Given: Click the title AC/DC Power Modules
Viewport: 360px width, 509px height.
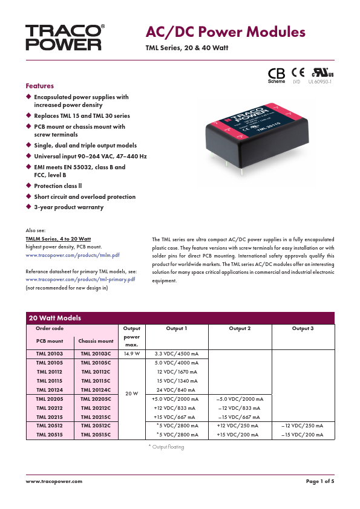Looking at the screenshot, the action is coord(225,33).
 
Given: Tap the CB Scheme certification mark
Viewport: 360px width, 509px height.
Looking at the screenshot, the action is coord(276,74).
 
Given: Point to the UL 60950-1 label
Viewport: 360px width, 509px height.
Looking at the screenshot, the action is coord(320,81).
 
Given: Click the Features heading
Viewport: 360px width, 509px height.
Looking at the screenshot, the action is coord(39,86).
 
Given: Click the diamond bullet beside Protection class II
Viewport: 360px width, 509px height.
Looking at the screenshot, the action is coord(28,186).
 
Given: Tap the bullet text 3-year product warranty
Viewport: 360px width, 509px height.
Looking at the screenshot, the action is coord(68,207).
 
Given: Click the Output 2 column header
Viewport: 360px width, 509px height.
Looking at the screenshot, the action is coord(240,328).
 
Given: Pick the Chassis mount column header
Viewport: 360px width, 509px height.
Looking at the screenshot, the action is coord(96,341).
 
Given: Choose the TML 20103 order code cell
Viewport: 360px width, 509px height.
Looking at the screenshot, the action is coord(50,352).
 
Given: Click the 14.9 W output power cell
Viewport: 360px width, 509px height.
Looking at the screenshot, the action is coord(131,352).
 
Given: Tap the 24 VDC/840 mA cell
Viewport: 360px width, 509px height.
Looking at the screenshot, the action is coord(177,390).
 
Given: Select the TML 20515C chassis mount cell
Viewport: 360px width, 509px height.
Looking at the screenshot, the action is coord(96,434).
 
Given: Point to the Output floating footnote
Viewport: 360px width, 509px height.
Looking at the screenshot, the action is coord(166,447).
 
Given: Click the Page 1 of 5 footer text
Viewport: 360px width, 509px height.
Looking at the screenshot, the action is coord(320,481).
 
